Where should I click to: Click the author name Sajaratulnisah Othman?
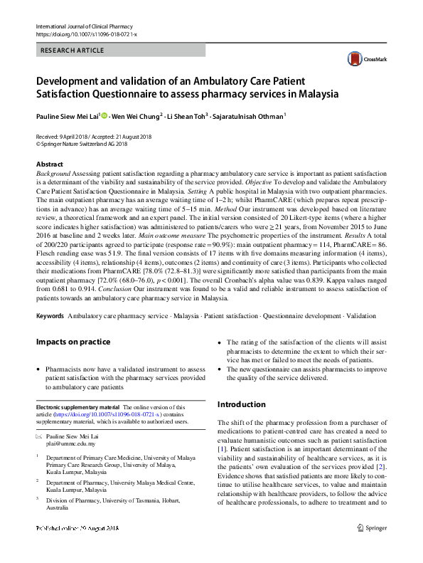(x=248, y=116)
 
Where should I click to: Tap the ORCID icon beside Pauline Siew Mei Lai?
(x=103, y=116)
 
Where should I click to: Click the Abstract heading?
(x=49, y=164)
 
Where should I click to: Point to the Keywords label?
(x=50, y=315)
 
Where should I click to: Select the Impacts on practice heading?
(x=73, y=342)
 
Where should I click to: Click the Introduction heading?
(x=241, y=404)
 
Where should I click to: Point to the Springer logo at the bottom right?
(x=371, y=548)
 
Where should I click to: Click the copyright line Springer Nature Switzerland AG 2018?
(x=82, y=142)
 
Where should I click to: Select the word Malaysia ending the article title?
(x=318, y=93)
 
